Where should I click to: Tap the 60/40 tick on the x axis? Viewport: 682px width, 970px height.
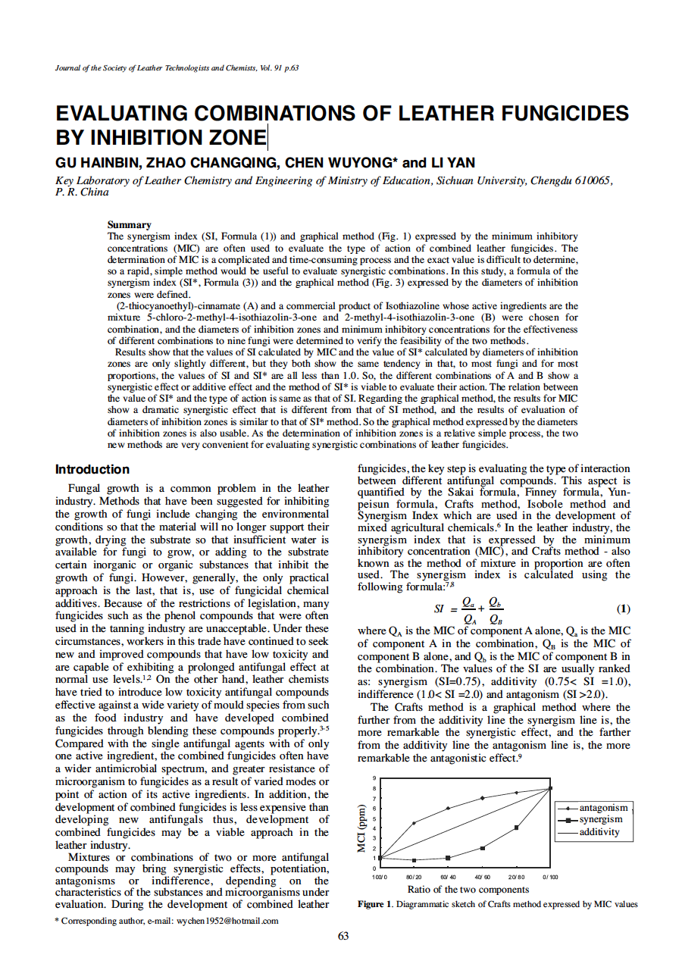click(448, 876)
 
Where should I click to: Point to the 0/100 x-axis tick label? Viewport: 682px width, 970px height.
click(550, 876)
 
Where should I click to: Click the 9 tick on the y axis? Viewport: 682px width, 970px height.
click(373, 779)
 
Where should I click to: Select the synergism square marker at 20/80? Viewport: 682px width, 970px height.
click(516, 828)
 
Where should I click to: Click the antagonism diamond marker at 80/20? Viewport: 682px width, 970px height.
click(414, 823)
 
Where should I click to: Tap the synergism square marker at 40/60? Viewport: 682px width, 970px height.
click(482, 848)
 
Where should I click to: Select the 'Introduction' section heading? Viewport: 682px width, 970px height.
click(92, 470)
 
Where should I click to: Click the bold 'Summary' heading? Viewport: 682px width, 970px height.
click(130, 224)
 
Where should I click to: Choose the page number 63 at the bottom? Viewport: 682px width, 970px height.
click(343, 936)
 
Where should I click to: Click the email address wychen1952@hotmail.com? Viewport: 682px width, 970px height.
click(227, 921)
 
